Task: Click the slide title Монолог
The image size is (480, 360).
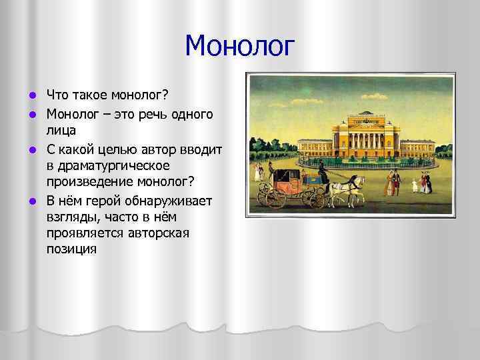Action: pos(239,47)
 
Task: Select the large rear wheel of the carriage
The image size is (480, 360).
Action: pos(275,196)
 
